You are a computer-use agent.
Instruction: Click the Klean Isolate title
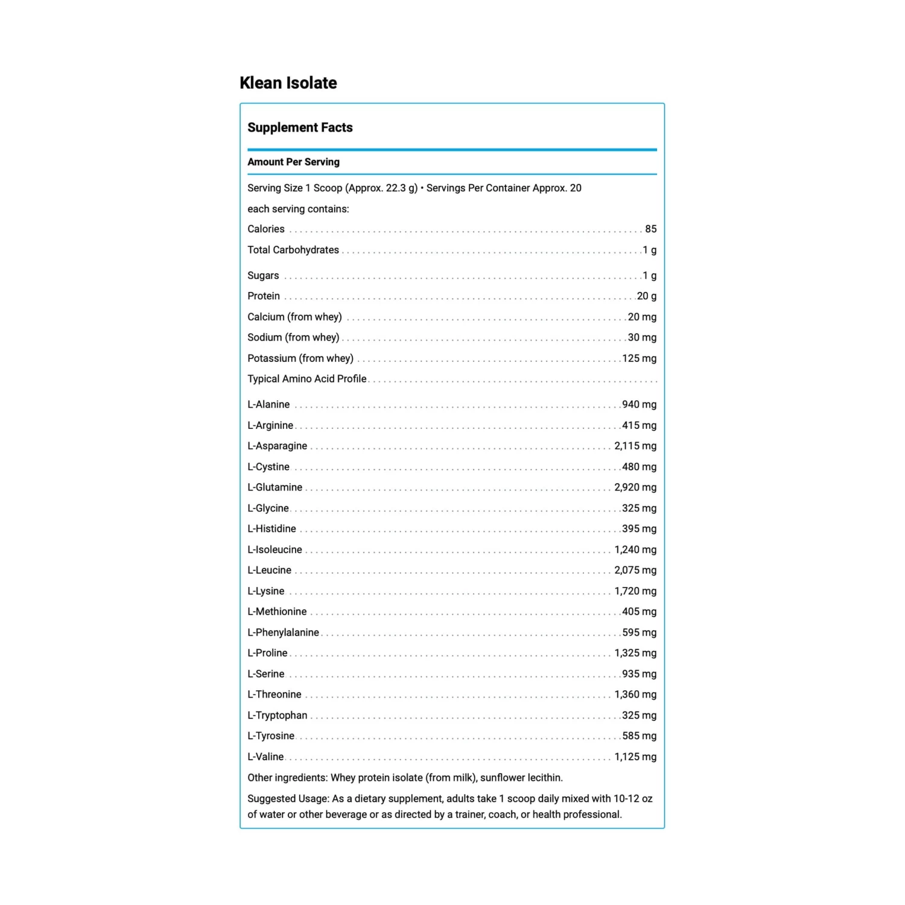[288, 83]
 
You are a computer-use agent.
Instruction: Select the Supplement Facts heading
[300, 127]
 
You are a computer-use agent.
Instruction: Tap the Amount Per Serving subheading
[293, 162]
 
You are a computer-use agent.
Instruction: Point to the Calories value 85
[650, 229]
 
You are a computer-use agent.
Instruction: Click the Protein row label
[264, 296]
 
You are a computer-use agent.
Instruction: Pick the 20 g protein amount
[646, 296]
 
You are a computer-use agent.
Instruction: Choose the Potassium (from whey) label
[300, 358]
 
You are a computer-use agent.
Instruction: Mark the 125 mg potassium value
[639, 358]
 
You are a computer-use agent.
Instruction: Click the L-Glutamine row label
[275, 487]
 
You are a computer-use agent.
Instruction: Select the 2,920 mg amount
[635, 487]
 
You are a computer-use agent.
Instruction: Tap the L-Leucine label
[269, 570]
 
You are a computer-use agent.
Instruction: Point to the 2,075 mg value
[635, 570]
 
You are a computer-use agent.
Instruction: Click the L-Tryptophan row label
[277, 715]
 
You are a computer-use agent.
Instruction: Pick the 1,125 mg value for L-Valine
[635, 757]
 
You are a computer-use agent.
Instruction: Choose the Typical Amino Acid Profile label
[307, 378]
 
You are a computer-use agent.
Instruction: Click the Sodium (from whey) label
[293, 337]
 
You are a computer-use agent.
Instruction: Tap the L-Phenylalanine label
[283, 632]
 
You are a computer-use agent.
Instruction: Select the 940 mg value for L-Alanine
[639, 404]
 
